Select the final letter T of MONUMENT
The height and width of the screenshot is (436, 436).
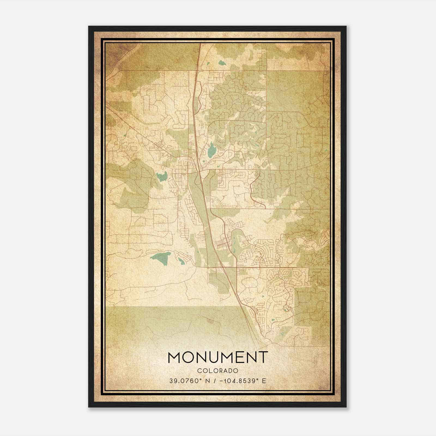263,358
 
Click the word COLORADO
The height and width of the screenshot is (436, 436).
218,371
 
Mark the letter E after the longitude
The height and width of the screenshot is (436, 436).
264,381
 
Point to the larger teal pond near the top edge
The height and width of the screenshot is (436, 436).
222,63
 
